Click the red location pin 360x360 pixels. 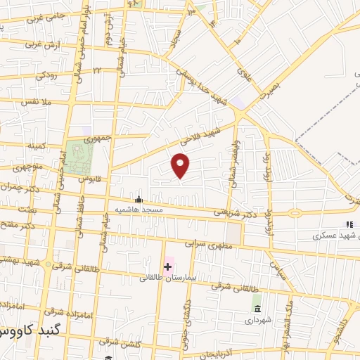[181, 165]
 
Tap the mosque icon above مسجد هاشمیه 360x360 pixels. [139, 199]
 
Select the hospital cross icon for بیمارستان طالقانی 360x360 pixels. [167, 266]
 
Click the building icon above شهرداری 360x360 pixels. [257, 309]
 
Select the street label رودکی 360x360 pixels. [48, 74]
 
